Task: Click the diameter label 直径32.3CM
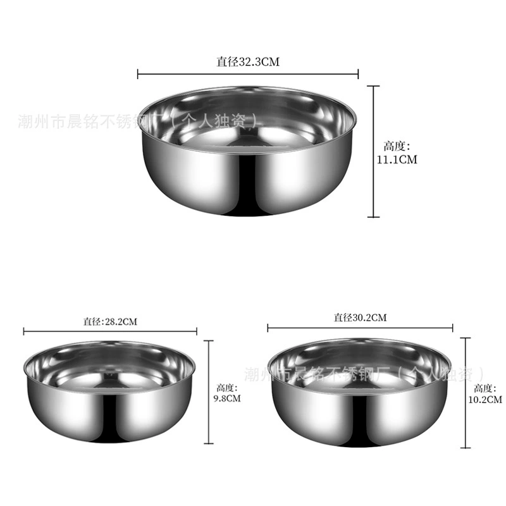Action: [248, 61]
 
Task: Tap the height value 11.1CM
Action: [397, 159]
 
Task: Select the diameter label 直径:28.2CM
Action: [110, 322]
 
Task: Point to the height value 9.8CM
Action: [227, 398]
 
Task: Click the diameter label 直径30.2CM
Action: [360, 318]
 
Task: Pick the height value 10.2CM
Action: [485, 400]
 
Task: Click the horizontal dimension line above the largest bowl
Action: [248, 74]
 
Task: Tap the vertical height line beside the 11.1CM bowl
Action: [374, 152]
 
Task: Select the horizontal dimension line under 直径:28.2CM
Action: [110, 331]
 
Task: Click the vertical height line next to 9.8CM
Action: [209, 392]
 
